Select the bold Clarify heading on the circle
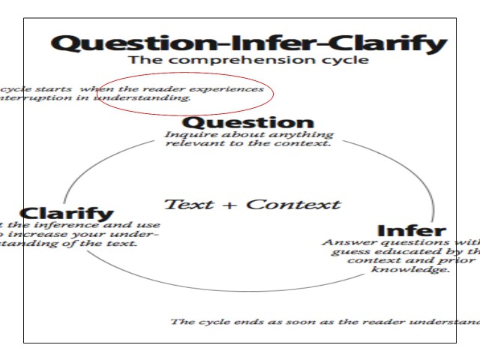[x=67, y=214]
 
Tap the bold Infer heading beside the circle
[x=411, y=231]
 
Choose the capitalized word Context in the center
[x=292, y=204]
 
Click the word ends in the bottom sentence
[x=234, y=322]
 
